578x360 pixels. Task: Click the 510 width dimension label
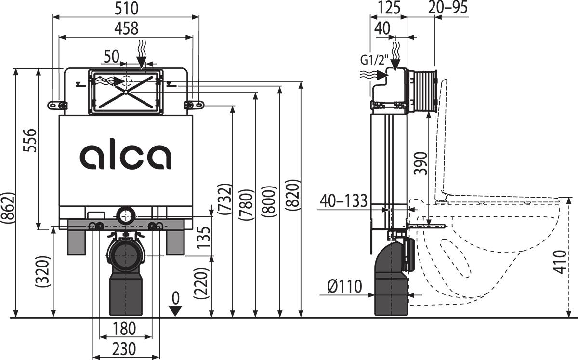pos(126,8)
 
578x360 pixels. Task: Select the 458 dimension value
pos(126,28)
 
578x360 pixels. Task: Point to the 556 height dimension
pos(30,140)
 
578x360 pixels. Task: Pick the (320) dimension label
pos(42,272)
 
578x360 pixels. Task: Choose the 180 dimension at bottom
pos(124,328)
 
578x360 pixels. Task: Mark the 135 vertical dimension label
pos(204,238)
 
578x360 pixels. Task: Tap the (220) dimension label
pos(201,283)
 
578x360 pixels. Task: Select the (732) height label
pos(224,199)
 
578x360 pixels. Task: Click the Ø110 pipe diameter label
pos(345,286)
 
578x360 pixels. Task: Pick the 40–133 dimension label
pos(343,200)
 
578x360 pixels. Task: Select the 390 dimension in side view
pos(420,163)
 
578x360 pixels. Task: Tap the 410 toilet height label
pos(560,262)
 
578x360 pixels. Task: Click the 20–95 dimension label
pos(447,8)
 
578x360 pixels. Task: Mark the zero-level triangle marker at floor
pos(176,311)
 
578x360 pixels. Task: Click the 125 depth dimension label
pos(389,8)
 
